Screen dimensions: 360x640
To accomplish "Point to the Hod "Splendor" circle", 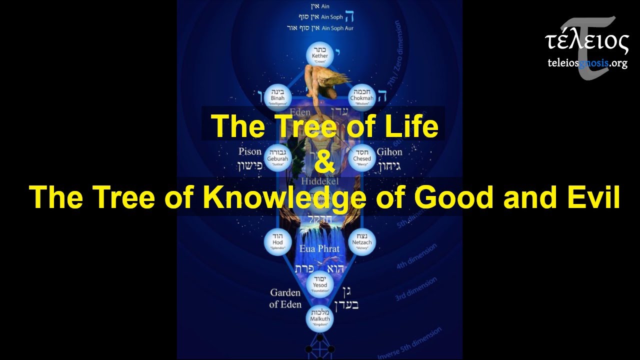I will coord(277,242).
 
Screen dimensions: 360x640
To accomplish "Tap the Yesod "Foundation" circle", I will coord(320,282).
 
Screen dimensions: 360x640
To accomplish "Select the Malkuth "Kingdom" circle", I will coord(320,317).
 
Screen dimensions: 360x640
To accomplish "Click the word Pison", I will coord(250,151).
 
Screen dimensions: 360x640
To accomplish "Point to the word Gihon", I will coord(389,151).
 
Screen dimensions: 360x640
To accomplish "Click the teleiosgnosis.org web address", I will coord(587,63).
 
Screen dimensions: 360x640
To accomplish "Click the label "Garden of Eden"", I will coord(285,298).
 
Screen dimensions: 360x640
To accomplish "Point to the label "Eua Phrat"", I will coord(319,248).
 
